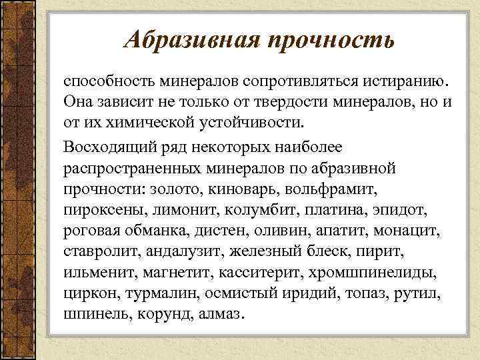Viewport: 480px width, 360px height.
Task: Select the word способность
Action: click(107, 82)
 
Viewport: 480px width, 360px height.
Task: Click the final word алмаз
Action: click(222, 315)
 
